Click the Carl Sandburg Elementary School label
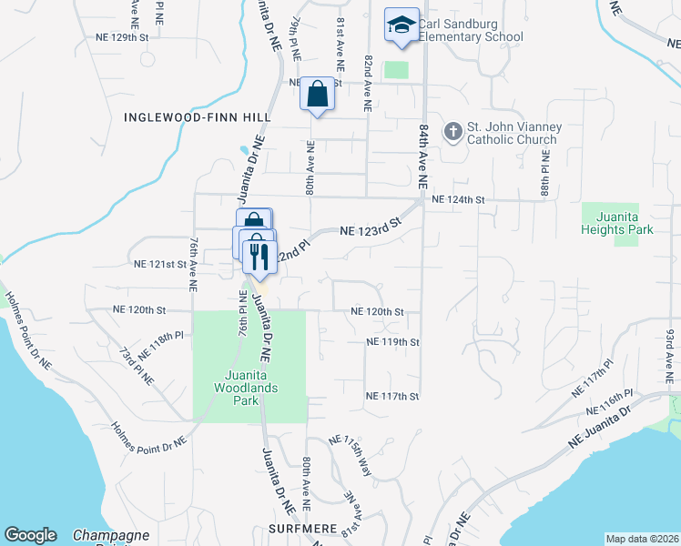click(x=471, y=31)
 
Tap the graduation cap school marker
click(x=401, y=25)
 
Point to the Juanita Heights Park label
click(x=617, y=223)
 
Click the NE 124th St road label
click(x=460, y=199)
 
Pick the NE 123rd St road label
click(x=371, y=227)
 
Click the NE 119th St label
click(x=392, y=342)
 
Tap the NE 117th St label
click(x=392, y=396)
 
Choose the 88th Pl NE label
click(x=544, y=181)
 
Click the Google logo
click(x=30, y=535)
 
